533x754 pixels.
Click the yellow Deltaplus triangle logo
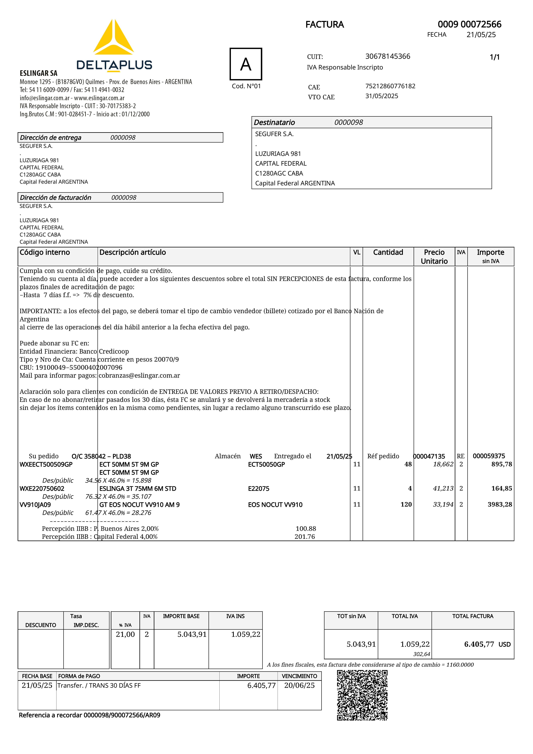[x=113, y=39]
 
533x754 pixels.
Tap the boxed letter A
[x=246, y=64]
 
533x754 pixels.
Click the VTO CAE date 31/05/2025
[x=382, y=96]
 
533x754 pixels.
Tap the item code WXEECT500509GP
[x=46, y=464]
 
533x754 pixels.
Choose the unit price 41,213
[x=443, y=488]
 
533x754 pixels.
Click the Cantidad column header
[x=388, y=252]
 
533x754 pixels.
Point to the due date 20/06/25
[x=299, y=685]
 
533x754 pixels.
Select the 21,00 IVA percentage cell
[x=125, y=634]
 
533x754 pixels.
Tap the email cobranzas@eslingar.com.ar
[x=139, y=375]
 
